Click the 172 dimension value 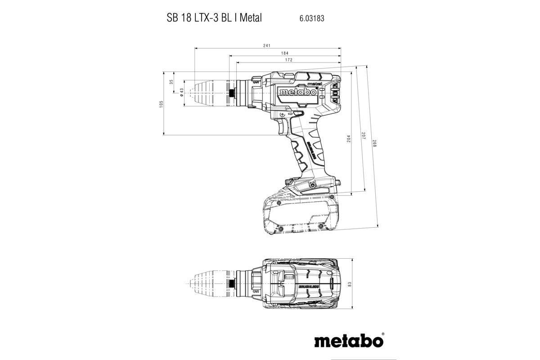click(288, 60)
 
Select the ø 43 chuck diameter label click(181, 93)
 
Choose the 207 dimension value click(363, 135)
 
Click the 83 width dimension click(349, 284)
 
